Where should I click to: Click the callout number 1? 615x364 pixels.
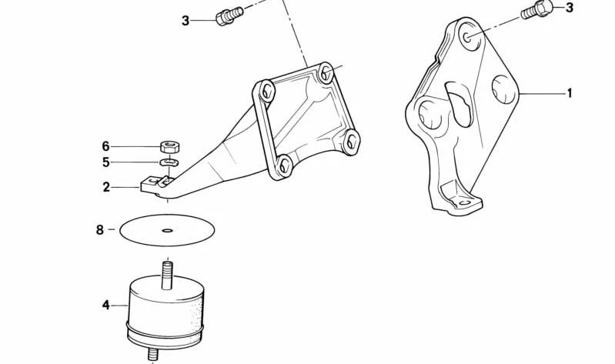point(570,93)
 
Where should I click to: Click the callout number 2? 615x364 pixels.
point(106,187)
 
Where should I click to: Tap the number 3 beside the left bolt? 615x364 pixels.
point(186,21)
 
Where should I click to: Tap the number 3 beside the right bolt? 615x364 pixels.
point(570,7)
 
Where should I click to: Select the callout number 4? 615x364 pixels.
point(106,305)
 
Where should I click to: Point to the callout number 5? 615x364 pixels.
point(106,162)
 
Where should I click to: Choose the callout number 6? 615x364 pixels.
point(106,146)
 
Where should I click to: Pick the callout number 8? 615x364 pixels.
point(99,229)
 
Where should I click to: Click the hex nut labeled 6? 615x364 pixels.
point(169,147)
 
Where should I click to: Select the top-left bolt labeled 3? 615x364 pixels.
point(229,15)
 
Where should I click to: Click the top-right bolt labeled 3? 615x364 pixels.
point(536,9)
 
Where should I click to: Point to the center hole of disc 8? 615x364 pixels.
point(168,230)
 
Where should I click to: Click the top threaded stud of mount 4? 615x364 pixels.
point(168,276)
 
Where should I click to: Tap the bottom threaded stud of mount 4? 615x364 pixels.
point(153,354)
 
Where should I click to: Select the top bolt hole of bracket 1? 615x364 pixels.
point(467,37)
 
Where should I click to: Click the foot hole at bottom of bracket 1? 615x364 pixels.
point(465,203)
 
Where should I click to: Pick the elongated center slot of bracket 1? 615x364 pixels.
point(458,104)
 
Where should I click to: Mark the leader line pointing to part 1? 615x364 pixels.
point(542,93)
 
